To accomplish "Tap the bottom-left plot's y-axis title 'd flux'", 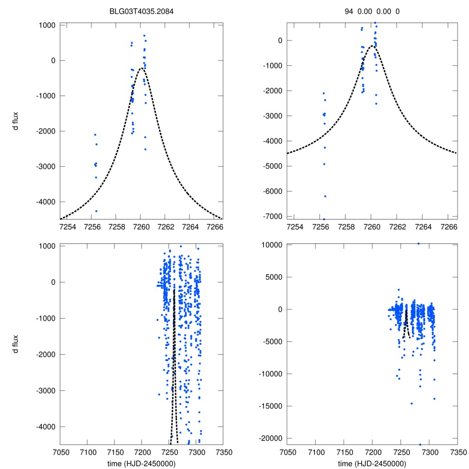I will click(x=16, y=344).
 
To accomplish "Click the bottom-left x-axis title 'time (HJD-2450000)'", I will click(x=141, y=464).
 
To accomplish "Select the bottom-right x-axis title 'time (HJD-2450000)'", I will click(x=372, y=464).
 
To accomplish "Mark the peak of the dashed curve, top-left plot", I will click(x=142, y=68).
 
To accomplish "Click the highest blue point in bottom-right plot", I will click(x=418, y=243).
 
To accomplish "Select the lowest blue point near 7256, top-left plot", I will click(x=96, y=211).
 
